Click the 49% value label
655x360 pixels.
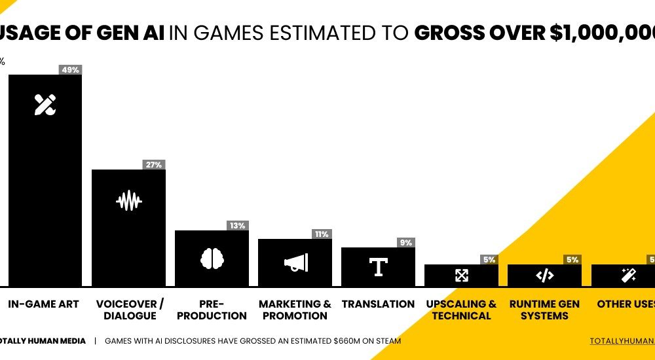click(70, 70)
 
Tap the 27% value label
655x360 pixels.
click(154, 165)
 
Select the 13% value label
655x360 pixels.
click(237, 226)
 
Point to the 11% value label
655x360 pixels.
click(321, 234)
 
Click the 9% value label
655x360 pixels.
click(405, 243)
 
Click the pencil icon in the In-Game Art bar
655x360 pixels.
click(45, 105)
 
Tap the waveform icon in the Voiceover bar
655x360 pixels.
click(128, 200)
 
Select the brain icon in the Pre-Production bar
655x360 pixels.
click(212, 259)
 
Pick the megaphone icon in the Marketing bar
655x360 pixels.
click(295, 263)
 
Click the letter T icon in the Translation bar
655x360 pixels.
click(378, 267)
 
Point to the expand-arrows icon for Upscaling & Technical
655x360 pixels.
click(462, 276)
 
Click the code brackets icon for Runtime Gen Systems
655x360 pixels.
click(544, 276)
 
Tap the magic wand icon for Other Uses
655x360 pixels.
click(627, 276)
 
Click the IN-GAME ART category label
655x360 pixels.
click(44, 304)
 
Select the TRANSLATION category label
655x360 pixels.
click(378, 304)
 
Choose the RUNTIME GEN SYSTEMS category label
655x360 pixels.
click(544, 310)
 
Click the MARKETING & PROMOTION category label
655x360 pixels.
click(295, 310)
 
